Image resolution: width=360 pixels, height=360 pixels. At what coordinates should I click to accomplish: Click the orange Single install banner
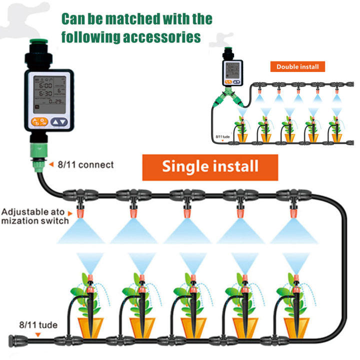(x=210, y=166)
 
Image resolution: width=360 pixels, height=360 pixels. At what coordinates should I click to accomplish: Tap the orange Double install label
(x=297, y=66)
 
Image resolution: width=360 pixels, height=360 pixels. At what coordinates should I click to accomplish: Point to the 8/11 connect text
(x=85, y=164)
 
